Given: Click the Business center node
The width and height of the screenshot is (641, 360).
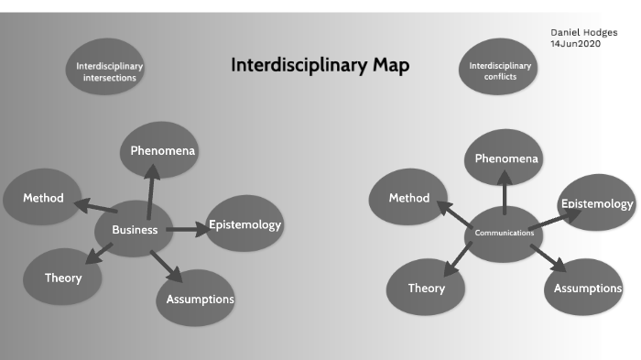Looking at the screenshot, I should (x=135, y=229).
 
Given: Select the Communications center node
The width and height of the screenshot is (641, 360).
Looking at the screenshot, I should (x=504, y=234).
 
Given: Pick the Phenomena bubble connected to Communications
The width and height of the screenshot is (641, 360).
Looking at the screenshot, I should (x=506, y=158).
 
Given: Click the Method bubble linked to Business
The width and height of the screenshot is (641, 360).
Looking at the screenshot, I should (x=42, y=198).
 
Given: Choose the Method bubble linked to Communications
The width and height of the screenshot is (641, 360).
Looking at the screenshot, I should (x=408, y=198).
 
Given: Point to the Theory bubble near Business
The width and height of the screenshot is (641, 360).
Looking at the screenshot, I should (x=63, y=278).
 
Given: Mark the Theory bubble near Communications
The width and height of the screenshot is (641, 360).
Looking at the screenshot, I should (x=427, y=288).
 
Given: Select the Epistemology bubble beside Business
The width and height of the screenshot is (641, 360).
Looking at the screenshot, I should (x=244, y=224).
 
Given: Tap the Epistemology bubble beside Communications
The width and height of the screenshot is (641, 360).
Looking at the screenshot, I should (x=596, y=204).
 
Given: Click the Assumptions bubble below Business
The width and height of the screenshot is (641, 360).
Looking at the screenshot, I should (x=200, y=299).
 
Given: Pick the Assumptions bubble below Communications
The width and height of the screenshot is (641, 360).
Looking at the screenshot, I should (x=588, y=289).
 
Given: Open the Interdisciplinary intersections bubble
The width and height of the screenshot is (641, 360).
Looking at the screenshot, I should (x=109, y=71).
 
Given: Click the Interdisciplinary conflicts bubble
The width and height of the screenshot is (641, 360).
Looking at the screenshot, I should (x=499, y=71).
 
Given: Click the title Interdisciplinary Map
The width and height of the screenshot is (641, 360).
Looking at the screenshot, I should (x=320, y=65).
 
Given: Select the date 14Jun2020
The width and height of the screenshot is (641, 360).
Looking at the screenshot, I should (x=575, y=44).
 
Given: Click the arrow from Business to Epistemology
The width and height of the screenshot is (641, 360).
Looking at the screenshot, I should (x=188, y=228).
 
